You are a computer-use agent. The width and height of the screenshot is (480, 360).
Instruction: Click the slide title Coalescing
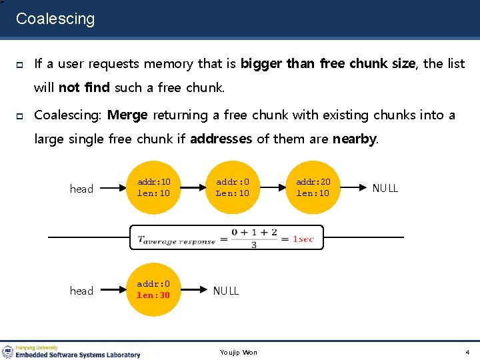pyautogui.click(x=55, y=19)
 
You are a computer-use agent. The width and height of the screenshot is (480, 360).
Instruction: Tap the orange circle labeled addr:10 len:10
pyautogui.click(x=154, y=187)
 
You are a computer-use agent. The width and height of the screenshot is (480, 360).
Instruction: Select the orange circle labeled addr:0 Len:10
pyautogui.click(x=233, y=187)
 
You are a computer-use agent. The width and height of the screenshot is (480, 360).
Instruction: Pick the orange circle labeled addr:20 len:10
pyautogui.click(x=313, y=187)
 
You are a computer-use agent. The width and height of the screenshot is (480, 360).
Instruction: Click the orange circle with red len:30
pyautogui.click(x=154, y=289)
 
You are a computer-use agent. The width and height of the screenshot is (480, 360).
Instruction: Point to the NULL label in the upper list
pyautogui.click(x=385, y=188)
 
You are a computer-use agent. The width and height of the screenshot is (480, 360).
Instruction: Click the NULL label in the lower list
pyautogui.click(x=226, y=291)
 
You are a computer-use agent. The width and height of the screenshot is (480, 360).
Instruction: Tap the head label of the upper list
pyautogui.click(x=81, y=189)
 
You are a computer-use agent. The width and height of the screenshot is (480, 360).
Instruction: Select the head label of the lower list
pyautogui.click(x=81, y=291)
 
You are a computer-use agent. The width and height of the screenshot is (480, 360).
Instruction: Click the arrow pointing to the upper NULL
pyautogui.click(x=351, y=188)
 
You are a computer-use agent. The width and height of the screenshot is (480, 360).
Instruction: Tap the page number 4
pyautogui.click(x=467, y=352)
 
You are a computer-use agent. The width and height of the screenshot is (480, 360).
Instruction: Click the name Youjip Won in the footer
pyautogui.click(x=238, y=352)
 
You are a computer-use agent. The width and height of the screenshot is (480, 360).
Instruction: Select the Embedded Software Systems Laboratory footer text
pyautogui.click(x=79, y=355)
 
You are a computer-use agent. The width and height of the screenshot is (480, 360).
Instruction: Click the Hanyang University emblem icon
pyautogui.click(x=8, y=351)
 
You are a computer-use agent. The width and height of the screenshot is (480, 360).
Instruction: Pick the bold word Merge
pyautogui.click(x=127, y=115)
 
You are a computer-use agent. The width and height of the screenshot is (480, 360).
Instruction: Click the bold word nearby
pyautogui.click(x=354, y=139)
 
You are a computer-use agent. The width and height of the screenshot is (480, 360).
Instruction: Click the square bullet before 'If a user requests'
pyautogui.click(x=20, y=64)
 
